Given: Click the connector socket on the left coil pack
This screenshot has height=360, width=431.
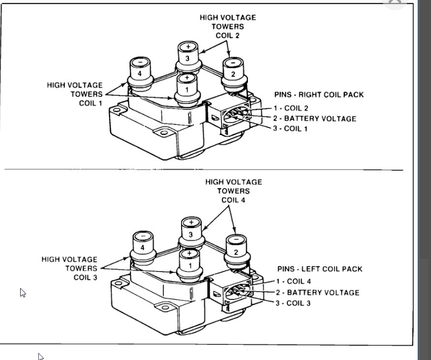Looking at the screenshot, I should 236,291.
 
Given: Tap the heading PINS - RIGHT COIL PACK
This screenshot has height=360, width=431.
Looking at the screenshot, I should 319,95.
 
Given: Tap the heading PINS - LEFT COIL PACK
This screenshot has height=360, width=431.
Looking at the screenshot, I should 320,269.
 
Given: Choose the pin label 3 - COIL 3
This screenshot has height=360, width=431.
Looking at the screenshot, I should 294,303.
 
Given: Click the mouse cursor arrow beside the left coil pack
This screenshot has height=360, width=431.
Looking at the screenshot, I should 23,293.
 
